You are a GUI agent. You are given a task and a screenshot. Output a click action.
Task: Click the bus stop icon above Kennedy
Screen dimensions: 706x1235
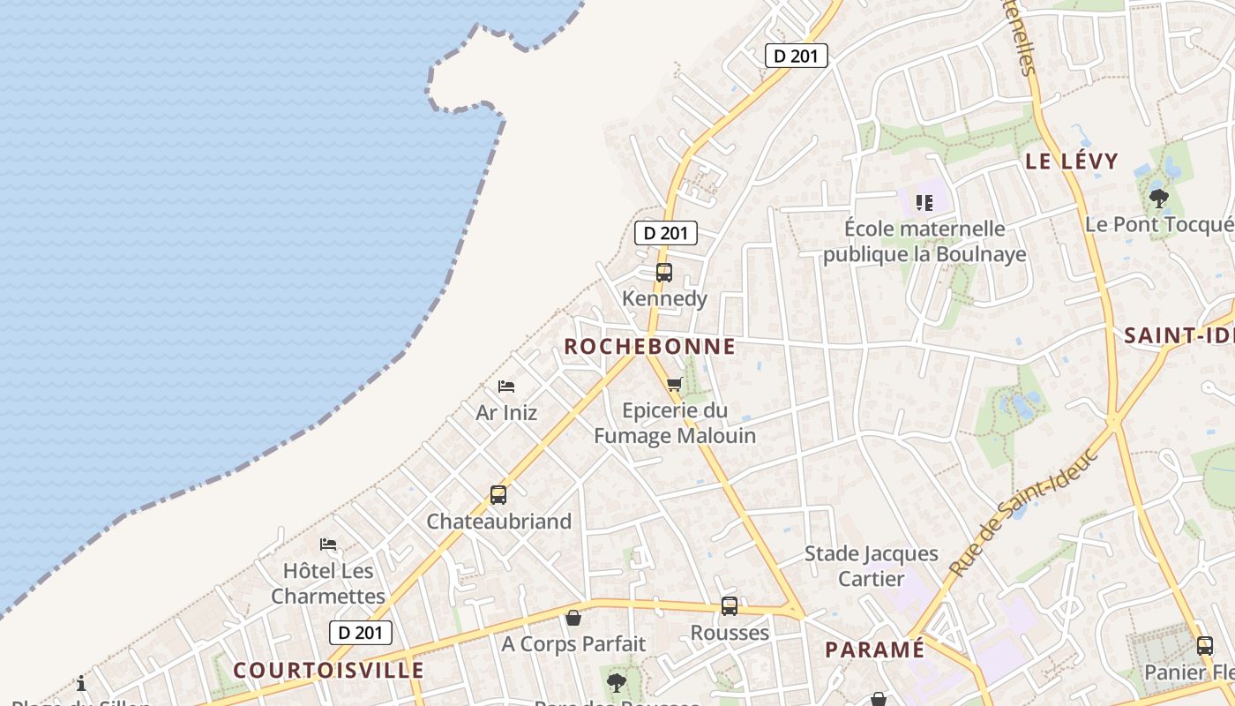(x=664, y=273)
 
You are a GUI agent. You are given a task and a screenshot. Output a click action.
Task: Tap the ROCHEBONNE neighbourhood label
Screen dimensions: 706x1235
(x=649, y=347)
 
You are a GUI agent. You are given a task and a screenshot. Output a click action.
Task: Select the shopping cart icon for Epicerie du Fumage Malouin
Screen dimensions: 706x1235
(x=675, y=384)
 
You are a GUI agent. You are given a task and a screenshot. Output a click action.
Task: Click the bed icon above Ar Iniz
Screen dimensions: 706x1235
(x=506, y=387)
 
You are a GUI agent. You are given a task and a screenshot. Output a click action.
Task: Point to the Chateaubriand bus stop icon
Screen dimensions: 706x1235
(x=498, y=495)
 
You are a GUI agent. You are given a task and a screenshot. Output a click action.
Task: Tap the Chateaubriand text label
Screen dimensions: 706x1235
(x=499, y=522)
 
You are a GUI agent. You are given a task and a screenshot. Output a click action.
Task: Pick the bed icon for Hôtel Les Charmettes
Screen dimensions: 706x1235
(x=328, y=545)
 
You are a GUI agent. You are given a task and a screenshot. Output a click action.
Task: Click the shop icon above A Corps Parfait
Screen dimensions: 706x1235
(x=573, y=618)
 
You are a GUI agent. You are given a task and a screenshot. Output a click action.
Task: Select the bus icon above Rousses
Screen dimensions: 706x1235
(x=730, y=606)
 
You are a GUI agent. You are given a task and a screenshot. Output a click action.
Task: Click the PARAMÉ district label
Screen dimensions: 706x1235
(x=874, y=650)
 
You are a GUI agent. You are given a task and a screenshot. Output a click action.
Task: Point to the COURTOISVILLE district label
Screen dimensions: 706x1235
(x=329, y=670)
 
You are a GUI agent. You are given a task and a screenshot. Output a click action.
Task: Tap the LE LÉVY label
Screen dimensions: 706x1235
(x=1071, y=161)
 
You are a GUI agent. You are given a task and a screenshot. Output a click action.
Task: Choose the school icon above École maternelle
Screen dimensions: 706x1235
(x=924, y=203)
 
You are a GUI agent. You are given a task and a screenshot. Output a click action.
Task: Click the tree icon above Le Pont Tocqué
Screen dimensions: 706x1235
(x=1159, y=199)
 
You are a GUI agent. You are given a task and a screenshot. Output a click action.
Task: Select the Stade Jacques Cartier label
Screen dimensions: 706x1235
(x=872, y=566)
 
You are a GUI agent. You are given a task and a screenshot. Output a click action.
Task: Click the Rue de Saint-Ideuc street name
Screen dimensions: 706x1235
(x=1025, y=512)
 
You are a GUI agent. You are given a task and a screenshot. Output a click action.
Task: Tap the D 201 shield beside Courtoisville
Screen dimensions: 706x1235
(x=361, y=632)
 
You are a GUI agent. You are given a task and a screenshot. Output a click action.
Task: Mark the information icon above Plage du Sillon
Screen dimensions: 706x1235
(x=81, y=683)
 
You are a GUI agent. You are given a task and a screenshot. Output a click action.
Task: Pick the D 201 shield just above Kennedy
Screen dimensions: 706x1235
(x=666, y=233)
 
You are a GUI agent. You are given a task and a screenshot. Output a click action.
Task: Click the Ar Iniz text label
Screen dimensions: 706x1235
(x=506, y=412)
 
